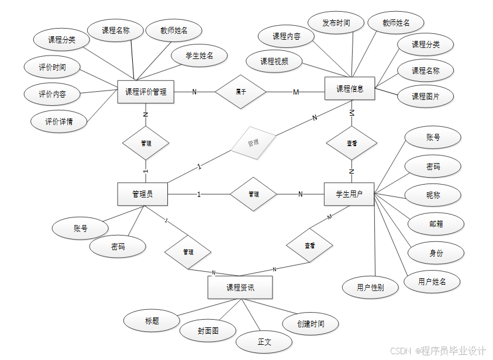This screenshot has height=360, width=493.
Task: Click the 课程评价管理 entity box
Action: [146, 92]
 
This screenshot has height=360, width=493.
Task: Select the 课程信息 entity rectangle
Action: [350, 89]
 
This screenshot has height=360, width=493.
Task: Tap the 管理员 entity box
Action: [142, 194]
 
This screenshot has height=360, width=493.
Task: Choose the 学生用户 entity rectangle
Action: [349, 194]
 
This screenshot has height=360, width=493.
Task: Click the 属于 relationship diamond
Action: [240, 92]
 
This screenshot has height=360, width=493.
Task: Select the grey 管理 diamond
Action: [253, 143]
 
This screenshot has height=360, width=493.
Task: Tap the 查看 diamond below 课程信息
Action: [351, 143]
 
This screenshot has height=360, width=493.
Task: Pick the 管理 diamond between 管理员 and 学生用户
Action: [253, 194]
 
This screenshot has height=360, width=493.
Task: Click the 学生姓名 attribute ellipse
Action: [199, 56]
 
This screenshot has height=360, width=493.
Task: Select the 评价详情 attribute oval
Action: [58, 122]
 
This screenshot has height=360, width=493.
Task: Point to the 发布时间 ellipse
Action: [336, 23]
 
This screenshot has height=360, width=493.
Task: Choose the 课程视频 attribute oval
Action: [274, 61]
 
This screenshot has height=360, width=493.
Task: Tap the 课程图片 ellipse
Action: [426, 96]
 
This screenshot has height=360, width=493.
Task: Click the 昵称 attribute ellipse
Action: [433, 195]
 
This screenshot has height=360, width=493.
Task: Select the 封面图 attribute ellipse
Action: [208, 331]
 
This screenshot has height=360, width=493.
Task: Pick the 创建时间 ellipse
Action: [310, 323]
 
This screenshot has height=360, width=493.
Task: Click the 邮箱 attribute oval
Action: [436, 224]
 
